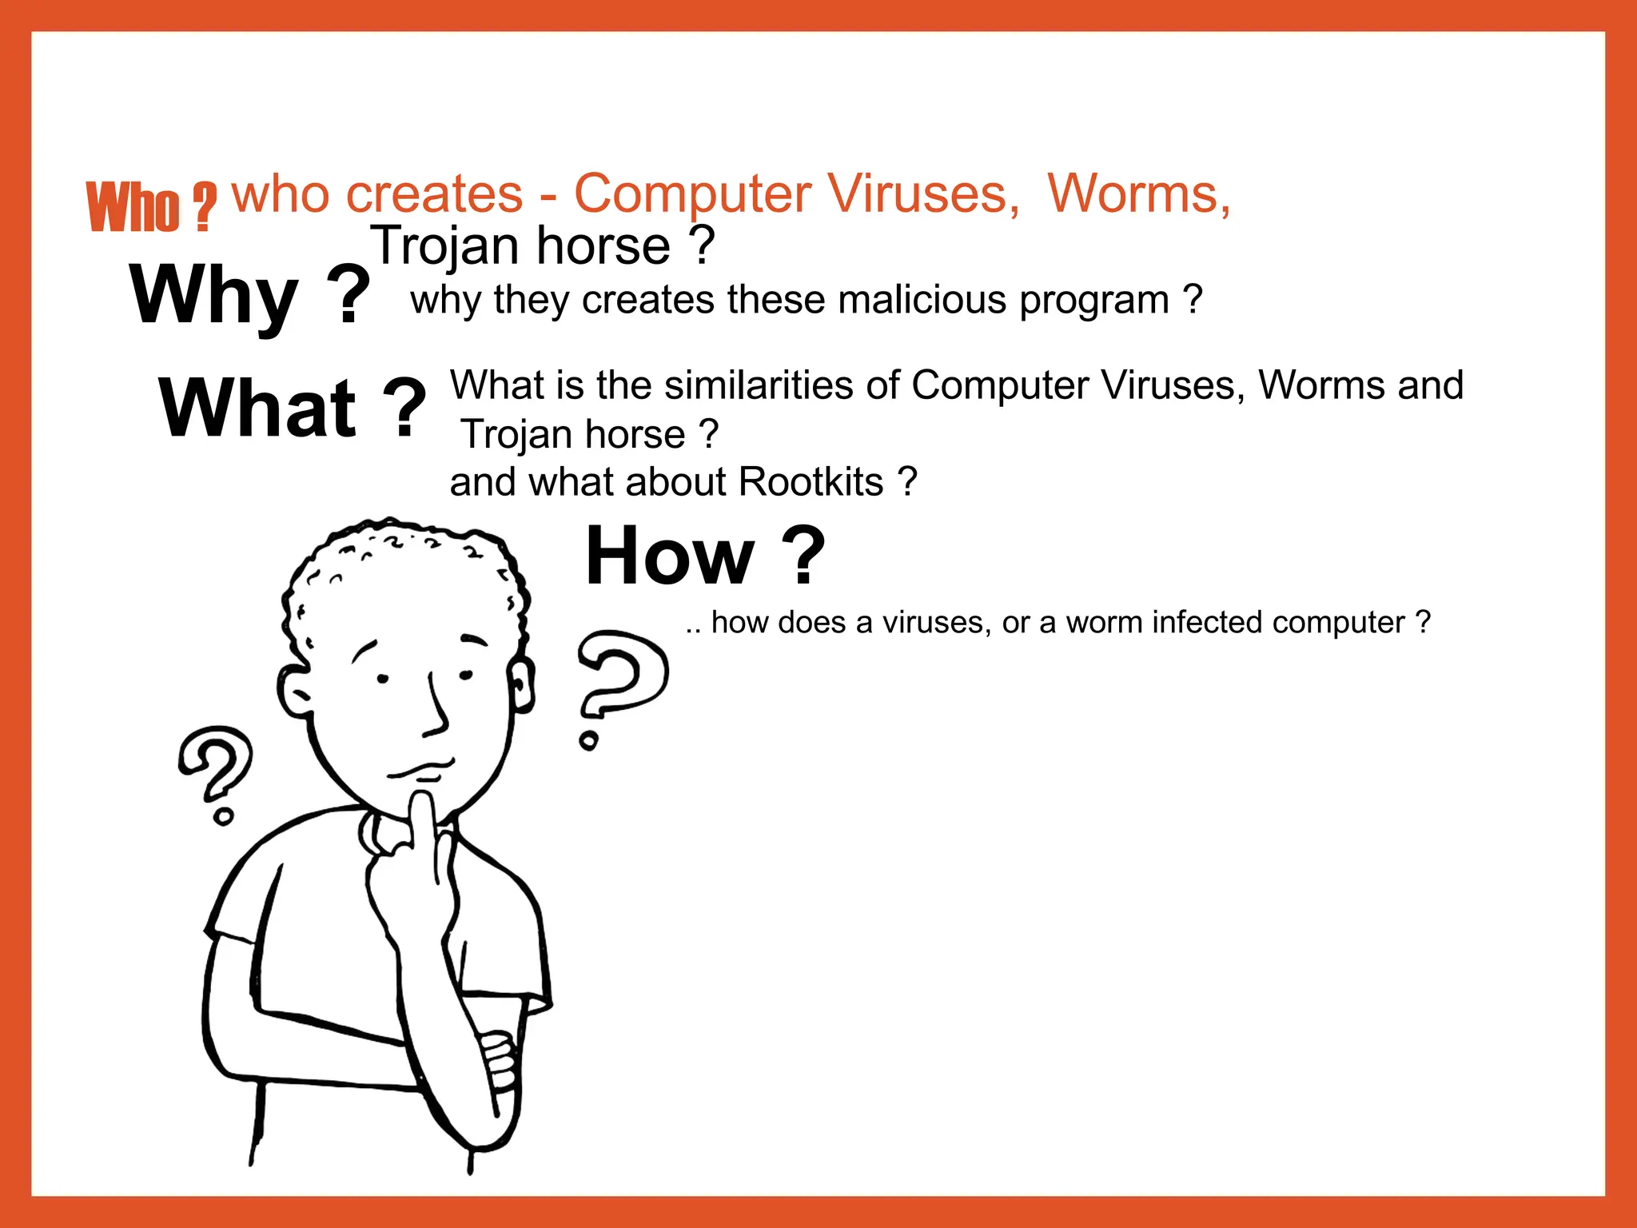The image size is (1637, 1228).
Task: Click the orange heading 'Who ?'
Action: (x=151, y=207)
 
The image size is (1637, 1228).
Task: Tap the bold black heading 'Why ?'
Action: (x=249, y=295)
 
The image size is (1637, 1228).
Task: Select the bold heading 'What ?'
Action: (x=292, y=409)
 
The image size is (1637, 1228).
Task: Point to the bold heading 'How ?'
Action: (x=704, y=556)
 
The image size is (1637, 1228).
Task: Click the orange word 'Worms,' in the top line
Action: (x=1138, y=194)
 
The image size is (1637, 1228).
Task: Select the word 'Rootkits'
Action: (x=811, y=482)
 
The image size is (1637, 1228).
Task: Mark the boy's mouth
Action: (x=421, y=770)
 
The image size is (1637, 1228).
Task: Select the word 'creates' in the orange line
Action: (x=434, y=194)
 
